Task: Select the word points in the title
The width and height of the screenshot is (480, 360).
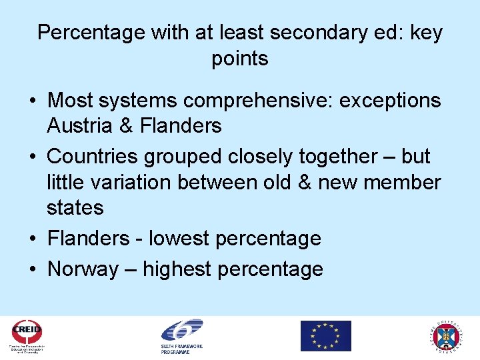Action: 240,59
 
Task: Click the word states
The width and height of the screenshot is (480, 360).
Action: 75,207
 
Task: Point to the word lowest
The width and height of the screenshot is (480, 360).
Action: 183,238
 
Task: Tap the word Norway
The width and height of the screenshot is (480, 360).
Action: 83,269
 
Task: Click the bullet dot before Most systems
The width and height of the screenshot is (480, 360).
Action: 32,101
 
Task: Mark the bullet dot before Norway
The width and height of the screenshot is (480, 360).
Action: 32,269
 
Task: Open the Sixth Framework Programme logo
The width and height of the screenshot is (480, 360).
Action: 181,335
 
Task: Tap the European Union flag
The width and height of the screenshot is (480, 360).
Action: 325,335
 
